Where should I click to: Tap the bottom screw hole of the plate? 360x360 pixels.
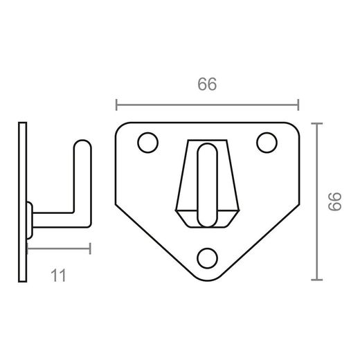coord(206,257)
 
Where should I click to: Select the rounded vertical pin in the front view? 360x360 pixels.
coord(206,183)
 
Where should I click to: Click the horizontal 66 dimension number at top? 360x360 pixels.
coord(207,85)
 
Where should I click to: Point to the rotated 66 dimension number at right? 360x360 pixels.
coord(336,201)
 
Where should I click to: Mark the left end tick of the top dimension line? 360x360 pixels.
coord(116,105)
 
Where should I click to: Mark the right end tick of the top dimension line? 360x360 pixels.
coord(298,105)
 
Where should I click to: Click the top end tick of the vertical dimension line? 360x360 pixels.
coord(317,123)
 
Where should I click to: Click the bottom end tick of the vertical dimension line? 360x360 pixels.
coord(317,280)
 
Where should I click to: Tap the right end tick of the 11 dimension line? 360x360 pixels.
coord(90,248)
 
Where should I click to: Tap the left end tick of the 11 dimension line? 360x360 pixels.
coord(27,248)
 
